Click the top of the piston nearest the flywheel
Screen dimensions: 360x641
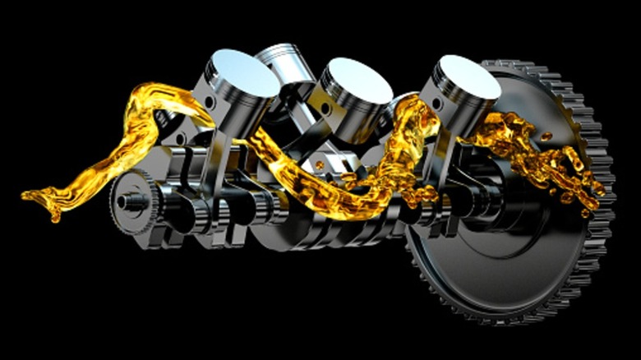click(467, 76)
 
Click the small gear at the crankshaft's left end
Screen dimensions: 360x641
click(136, 197)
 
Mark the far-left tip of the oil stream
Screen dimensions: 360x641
click(26, 196)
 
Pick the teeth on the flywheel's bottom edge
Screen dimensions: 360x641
click(510, 316)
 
